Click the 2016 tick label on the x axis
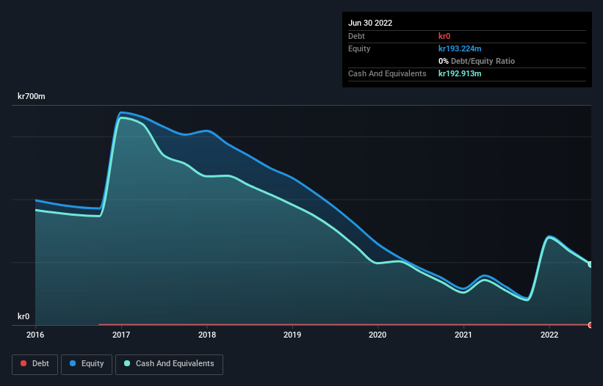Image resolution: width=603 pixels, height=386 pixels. coord(35,335)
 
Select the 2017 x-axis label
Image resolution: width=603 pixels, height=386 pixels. coord(121,335)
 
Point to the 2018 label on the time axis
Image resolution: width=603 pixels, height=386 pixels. coord(207,335)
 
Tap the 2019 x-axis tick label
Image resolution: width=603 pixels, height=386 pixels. coord(292,335)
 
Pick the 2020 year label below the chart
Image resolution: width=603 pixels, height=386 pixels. coord(378,335)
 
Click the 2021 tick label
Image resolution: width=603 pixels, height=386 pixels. coord(463,335)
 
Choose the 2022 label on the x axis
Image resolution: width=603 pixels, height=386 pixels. coord(549,335)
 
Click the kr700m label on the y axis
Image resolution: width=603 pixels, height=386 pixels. coord(32,97)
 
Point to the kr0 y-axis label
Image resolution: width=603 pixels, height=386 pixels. coord(24,316)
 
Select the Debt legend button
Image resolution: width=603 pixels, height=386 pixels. coord(34,363)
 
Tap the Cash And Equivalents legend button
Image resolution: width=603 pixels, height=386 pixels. coord(169,363)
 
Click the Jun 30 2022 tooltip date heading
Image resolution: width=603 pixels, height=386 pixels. coord(370,23)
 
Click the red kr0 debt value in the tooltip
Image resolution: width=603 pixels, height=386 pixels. coord(444,36)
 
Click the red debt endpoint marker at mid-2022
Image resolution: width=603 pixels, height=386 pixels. coord(591,324)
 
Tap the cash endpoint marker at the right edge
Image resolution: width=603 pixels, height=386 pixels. coord(591,264)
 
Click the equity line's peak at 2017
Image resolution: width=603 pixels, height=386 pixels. coord(121,112)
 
